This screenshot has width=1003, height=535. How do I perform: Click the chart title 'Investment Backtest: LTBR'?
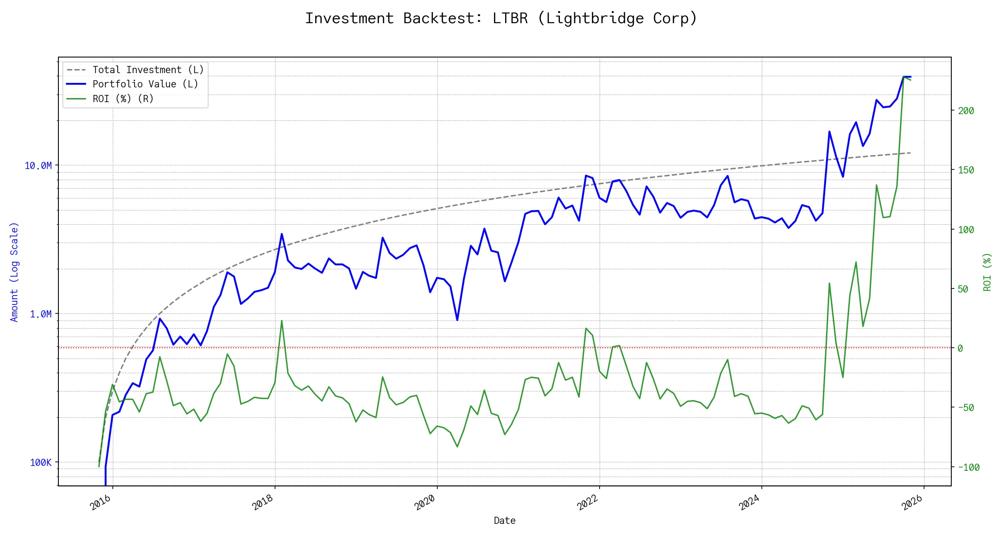pyautogui.click(x=501, y=18)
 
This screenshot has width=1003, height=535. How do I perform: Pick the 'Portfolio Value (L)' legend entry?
pyautogui.click(x=145, y=84)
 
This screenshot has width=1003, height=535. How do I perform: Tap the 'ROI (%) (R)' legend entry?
pyautogui.click(x=123, y=99)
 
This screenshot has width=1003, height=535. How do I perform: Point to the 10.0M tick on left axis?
pyautogui.click(x=38, y=166)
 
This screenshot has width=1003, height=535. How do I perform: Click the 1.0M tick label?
pyautogui.click(x=41, y=314)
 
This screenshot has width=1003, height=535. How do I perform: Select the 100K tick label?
pyautogui.click(x=41, y=463)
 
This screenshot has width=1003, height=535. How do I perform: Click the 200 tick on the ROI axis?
pyautogui.click(x=966, y=111)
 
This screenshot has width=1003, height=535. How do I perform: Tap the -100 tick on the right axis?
pyautogui.click(x=969, y=467)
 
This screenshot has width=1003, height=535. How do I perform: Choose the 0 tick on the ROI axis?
pyautogui.click(x=960, y=348)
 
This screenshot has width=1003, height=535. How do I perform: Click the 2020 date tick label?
pyautogui.click(x=425, y=502)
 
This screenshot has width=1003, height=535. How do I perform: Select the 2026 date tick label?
pyautogui.click(x=912, y=502)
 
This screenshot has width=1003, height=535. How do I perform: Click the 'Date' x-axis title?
pyautogui.click(x=505, y=521)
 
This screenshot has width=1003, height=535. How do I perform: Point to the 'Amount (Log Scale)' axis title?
pyautogui.click(x=14, y=272)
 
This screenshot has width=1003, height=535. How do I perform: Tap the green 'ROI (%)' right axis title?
pyautogui.click(x=987, y=272)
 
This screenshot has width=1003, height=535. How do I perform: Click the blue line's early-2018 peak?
pyautogui.click(x=282, y=234)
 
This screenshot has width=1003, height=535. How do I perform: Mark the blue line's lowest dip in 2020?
pyautogui.click(x=457, y=320)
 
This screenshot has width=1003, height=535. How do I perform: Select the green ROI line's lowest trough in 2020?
pyautogui.click(x=457, y=447)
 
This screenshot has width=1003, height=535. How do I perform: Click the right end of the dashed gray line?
pyautogui.click(x=910, y=153)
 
